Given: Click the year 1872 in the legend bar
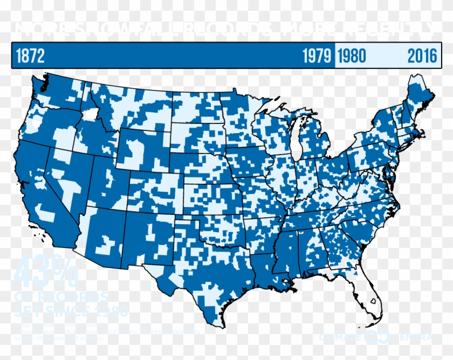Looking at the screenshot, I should click(x=30, y=56).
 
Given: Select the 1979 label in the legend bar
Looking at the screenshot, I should click(x=317, y=56).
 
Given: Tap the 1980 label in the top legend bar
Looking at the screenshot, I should click(x=351, y=56).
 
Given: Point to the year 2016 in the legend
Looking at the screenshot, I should click(x=422, y=56).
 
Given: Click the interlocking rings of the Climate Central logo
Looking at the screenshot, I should click(x=373, y=337).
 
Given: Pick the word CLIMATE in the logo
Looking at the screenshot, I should click(x=341, y=337).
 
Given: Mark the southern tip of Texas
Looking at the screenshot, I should click(x=223, y=322).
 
